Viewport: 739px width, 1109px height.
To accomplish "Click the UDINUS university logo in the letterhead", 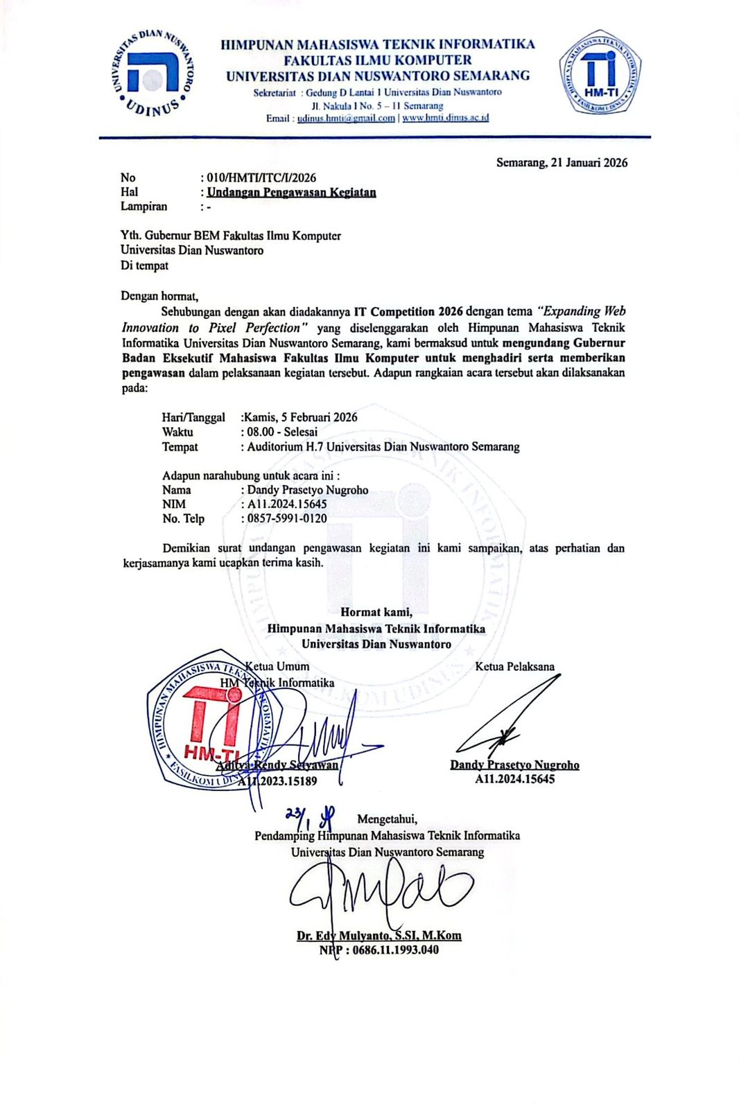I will (x=153, y=74).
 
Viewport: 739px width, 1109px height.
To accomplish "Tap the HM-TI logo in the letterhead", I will (x=600, y=73).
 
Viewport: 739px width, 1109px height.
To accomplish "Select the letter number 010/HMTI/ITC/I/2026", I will (x=261, y=177).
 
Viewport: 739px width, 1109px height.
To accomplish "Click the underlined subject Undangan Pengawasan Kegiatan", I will (x=291, y=192).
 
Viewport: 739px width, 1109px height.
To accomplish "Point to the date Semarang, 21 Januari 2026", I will (x=562, y=163).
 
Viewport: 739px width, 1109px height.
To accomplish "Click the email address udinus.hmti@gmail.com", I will (x=346, y=119).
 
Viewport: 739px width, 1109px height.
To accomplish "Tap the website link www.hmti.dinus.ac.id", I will (x=445, y=119).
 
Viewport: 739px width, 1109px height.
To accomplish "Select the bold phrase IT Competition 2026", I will (x=408, y=312).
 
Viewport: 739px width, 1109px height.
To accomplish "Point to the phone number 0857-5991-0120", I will (x=287, y=518).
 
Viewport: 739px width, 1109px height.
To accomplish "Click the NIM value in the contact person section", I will (x=287, y=504).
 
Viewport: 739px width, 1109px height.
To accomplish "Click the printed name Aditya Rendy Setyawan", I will (x=277, y=765).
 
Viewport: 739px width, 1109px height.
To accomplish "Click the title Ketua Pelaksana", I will (x=514, y=667).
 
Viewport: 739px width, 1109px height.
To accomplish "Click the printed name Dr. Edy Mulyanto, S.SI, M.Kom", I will (x=379, y=936).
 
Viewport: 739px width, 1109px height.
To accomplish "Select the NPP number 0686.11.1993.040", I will (x=395, y=950).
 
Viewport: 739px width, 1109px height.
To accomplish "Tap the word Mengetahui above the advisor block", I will (x=387, y=819).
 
